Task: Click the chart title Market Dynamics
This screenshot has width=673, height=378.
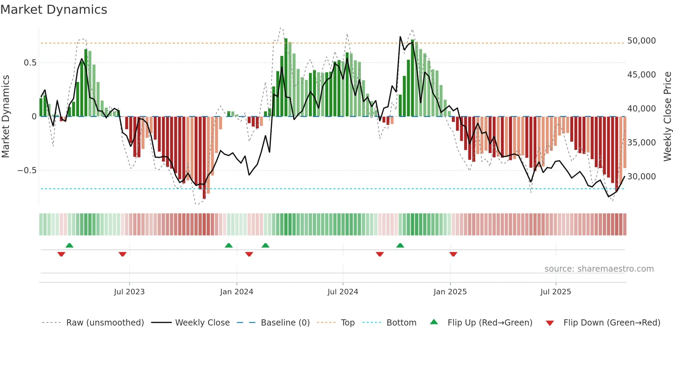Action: [54, 10]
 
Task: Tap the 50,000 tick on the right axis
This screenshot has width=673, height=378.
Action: [641, 41]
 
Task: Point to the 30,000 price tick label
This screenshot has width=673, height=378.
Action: [641, 177]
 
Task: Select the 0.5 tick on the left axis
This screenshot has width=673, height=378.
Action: [30, 63]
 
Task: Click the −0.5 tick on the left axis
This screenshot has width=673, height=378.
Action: [27, 170]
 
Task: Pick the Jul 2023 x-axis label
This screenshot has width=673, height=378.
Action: [129, 292]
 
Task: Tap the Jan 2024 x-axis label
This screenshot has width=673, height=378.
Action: [237, 292]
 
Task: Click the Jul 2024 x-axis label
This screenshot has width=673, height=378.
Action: [343, 292]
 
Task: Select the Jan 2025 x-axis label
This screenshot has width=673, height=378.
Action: [450, 292]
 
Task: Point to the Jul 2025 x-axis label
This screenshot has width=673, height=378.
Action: [556, 292]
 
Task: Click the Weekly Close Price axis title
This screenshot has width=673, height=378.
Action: [667, 117]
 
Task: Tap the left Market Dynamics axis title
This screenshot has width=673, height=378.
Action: [5, 117]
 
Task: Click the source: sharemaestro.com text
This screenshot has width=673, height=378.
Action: [599, 269]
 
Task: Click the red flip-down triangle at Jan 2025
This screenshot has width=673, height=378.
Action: [453, 254]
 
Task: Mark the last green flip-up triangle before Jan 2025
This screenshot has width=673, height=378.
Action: [400, 245]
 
